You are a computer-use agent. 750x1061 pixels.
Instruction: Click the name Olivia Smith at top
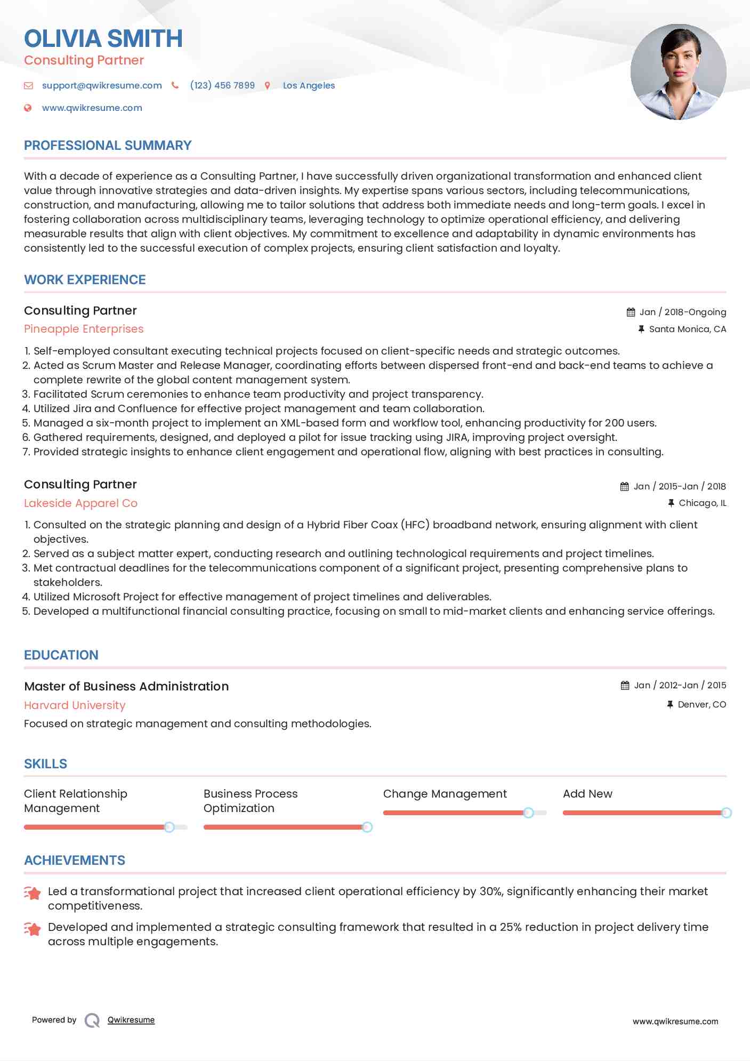coord(103,38)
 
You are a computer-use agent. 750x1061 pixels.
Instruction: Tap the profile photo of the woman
coord(678,71)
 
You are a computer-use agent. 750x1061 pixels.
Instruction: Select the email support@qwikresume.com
coord(102,85)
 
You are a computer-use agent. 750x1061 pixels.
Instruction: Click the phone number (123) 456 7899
coord(222,85)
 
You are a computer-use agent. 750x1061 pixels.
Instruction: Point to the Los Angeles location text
coord(309,85)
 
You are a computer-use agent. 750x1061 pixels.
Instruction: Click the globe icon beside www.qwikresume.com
coord(28,108)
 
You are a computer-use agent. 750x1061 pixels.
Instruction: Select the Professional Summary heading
coord(108,146)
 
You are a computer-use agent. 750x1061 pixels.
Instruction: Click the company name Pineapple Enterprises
coord(84,329)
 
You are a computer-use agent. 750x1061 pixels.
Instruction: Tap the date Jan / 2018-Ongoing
coord(682,312)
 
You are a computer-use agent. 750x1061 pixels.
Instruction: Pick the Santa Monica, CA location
coord(687,329)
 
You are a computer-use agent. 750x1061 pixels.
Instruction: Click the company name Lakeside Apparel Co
coord(80,503)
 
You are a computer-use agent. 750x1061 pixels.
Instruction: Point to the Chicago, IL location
coord(702,503)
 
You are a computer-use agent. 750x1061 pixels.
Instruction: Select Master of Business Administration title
coord(126,686)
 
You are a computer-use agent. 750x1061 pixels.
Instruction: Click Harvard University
coord(75,705)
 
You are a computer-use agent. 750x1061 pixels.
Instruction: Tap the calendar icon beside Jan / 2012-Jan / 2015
coord(625,686)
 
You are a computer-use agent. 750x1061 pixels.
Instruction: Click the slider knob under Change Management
coord(528,813)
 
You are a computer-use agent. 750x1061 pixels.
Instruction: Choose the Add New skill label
coord(587,793)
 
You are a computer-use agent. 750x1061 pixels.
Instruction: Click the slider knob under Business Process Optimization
coord(367,827)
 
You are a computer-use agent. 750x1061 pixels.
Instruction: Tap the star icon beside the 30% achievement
coord(33,893)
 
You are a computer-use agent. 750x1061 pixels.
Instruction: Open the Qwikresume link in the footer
coord(131,1019)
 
